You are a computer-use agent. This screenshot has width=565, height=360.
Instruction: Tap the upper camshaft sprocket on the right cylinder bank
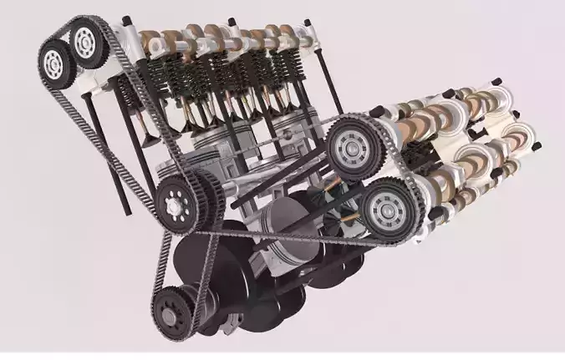[353, 148]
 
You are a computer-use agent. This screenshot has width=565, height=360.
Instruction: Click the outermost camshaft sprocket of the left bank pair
[56, 60]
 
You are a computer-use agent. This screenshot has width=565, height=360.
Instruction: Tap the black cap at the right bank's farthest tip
[534, 145]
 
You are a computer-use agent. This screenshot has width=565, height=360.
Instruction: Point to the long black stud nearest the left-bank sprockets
[95, 125]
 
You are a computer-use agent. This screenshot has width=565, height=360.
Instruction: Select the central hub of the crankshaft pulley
[173, 316]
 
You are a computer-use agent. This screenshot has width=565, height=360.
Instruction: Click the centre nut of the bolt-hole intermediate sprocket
[176, 203]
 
